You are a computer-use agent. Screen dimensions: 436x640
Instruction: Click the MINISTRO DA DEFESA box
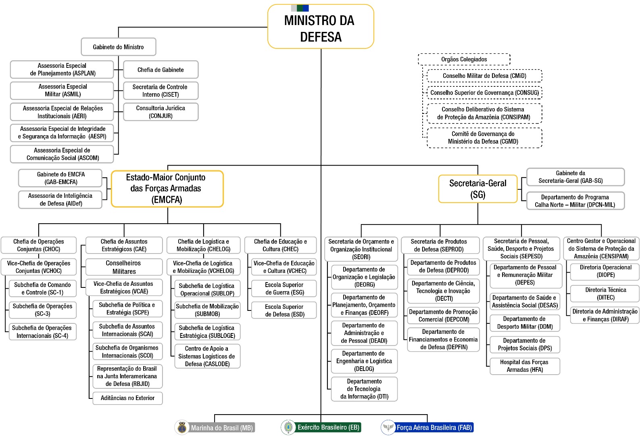point(321,27)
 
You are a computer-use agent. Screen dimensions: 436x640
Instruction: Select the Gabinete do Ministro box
point(118,47)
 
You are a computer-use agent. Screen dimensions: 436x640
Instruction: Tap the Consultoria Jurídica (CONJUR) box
point(161,112)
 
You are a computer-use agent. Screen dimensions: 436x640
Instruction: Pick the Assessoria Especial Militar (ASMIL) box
point(62,90)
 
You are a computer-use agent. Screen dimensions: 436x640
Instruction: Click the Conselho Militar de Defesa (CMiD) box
point(484,76)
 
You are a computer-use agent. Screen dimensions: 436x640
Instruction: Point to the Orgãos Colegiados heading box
point(464,59)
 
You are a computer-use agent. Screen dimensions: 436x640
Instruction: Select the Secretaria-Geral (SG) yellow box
point(478,189)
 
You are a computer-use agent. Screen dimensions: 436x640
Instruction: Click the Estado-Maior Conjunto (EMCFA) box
point(167,189)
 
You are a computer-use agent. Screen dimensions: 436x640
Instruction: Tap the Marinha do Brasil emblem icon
point(182,428)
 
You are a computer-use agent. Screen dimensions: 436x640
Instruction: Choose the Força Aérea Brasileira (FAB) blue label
point(434,427)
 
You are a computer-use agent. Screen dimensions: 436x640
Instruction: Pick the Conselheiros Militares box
point(124,267)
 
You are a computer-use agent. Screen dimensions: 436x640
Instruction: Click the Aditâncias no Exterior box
point(127,398)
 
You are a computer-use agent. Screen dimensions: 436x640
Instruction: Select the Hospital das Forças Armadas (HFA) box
point(525,366)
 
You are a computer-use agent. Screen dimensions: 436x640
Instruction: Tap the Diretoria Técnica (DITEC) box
point(605,293)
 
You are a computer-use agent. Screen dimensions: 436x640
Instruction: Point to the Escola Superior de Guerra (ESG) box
point(284,289)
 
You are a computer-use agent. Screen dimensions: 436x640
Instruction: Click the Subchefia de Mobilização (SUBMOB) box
point(207,310)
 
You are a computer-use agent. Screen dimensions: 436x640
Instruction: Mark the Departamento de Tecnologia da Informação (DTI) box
point(364,389)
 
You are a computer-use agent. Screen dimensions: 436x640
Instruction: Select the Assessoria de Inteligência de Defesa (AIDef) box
point(60,199)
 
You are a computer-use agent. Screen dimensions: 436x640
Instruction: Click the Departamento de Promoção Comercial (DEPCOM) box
point(443,315)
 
